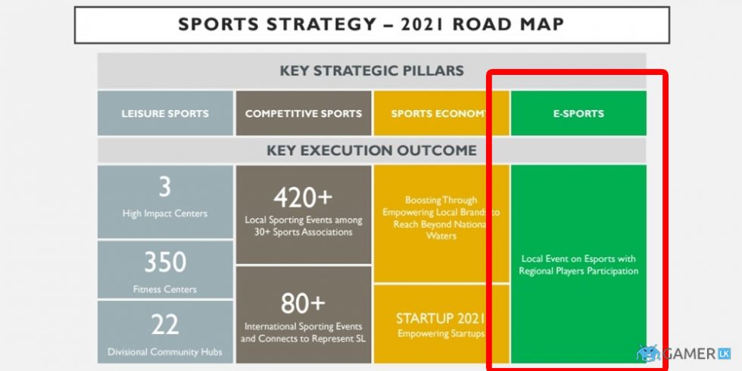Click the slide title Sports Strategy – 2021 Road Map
coord(371,24)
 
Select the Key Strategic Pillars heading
coord(371,71)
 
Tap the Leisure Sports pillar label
coord(165,114)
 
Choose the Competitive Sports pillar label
coord(304,114)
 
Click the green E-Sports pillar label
coord(578,114)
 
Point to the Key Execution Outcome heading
coord(371,150)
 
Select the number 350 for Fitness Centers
coord(165,262)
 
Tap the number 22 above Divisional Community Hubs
coord(165,324)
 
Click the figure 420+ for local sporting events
coord(303,197)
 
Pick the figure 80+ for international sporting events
coord(303,303)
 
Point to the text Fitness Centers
coord(165,289)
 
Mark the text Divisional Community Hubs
coord(165,351)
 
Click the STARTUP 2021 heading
coord(440,318)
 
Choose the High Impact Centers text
coord(165,214)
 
